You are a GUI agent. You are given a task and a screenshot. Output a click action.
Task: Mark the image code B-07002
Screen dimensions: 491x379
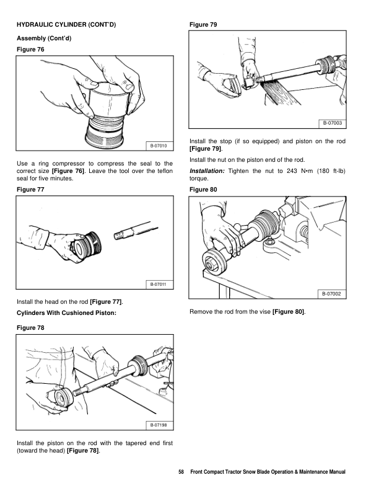pos(333,293)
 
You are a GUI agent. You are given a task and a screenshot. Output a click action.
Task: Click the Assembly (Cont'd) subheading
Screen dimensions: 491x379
pos(42,38)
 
